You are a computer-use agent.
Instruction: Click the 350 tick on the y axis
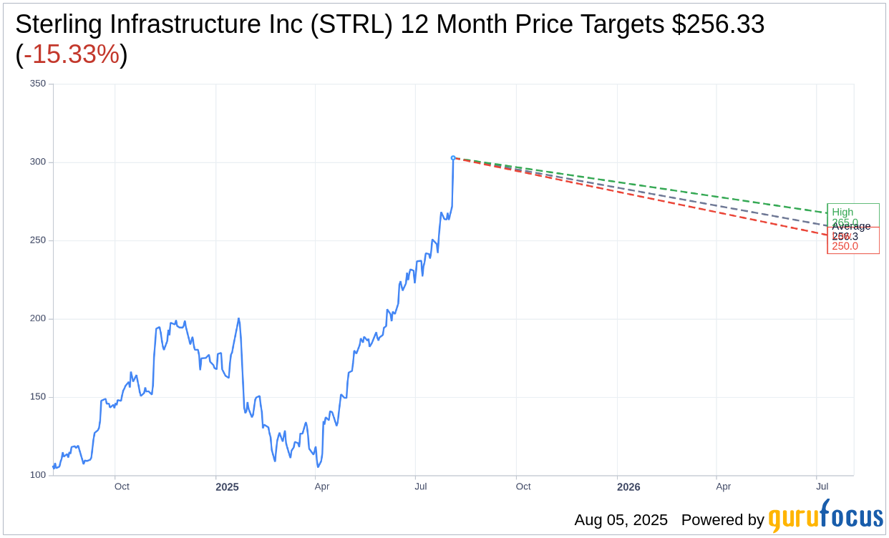[37, 84]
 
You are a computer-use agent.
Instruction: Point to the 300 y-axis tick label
[37, 162]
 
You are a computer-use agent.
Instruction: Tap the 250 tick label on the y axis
[37, 240]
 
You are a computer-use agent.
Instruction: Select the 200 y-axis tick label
[37, 318]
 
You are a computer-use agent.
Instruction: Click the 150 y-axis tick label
[37, 397]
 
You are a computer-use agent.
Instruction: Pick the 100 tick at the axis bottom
[37, 475]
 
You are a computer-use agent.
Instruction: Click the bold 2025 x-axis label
[227, 487]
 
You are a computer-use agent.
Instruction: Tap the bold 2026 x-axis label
[628, 487]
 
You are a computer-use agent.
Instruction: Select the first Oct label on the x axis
[122, 487]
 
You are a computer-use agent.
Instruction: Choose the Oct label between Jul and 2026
[523, 487]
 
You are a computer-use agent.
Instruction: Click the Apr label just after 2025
[322, 487]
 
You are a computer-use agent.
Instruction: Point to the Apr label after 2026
[724, 487]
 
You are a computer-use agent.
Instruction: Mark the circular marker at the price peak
[453, 158]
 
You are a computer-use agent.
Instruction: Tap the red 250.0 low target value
[845, 247]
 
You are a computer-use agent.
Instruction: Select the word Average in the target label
[851, 226]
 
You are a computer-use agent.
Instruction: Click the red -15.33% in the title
[72, 54]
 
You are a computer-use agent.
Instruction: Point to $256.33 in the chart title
[718, 24]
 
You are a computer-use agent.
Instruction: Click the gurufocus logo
[825, 517]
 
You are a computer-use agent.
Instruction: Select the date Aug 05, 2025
[621, 520]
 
